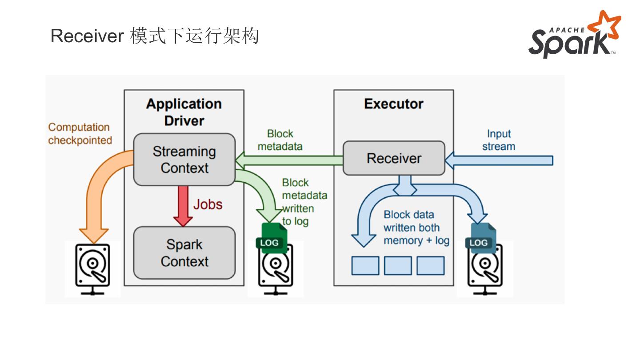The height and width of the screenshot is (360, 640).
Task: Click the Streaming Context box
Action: pyautogui.click(x=184, y=160)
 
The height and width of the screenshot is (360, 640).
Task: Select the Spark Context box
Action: pyautogui.click(x=184, y=253)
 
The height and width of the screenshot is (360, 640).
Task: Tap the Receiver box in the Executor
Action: pyautogui.click(x=394, y=158)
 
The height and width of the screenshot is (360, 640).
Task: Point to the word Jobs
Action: pyautogui.click(x=208, y=204)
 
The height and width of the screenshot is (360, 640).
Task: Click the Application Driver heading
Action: pyautogui.click(x=184, y=112)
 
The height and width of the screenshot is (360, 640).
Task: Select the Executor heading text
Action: pyautogui.click(x=393, y=104)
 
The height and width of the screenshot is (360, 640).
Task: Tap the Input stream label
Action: pyautogui.click(x=499, y=140)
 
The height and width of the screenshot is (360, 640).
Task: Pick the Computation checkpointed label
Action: pyautogui.click(x=80, y=134)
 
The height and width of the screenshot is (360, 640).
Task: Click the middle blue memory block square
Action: pyautogui.click(x=398, y=265)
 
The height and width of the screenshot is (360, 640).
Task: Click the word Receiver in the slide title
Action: pyautogui.click(x=87, y=36)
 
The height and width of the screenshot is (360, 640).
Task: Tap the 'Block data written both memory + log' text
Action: pyautogui.click(x=416, y=228)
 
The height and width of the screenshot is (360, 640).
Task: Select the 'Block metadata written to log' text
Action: pyautogui.click(x=304, y=202)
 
